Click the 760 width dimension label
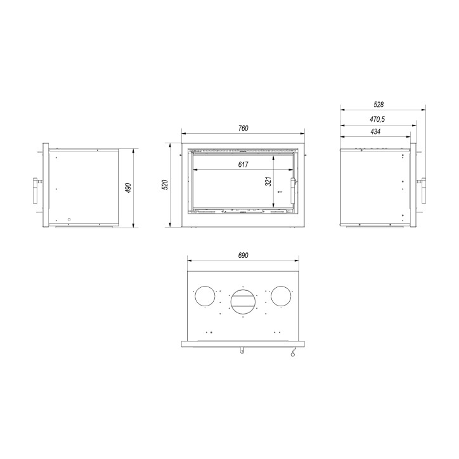(x=243, y=128)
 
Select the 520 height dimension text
(x=165, y=184)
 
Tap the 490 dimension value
(x=128, y=188)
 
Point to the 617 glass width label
(x=243, y=164)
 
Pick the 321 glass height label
(x=268, y=181)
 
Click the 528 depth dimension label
(x=378, y=105)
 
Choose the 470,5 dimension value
(x=377, y=119)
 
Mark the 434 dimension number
(x=375, y=131)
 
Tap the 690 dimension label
(x=243, y=255)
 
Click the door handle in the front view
(x=292, y=191)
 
